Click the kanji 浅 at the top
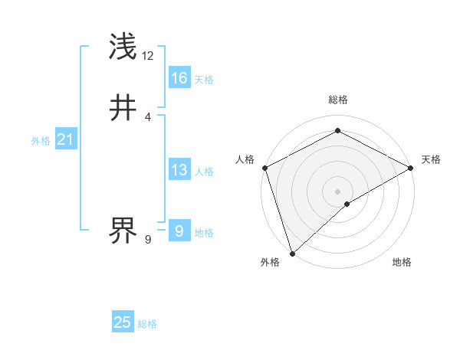(123, 47)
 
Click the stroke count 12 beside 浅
(148, 56)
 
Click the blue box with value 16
(179, 78)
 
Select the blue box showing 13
(179, 170)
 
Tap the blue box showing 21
(65, 139)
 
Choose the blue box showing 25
(123, 322)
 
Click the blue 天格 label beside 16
(204, 80)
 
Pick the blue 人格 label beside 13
(204, 172)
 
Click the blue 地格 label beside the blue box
(204, 233)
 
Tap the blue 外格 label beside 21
(41, 141)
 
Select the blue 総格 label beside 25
(147, 324)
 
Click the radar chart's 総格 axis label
(338, 100)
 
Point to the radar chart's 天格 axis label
(431, 159)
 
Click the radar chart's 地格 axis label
(402, 262)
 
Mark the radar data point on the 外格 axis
(292, 254)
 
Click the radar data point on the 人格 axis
(264, 168)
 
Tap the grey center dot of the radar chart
(338, 191)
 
